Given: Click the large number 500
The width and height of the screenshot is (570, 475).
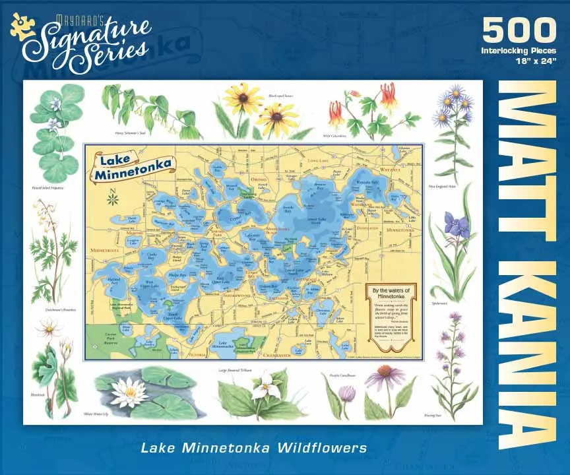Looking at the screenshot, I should pyautogui.click(x=519, y=30).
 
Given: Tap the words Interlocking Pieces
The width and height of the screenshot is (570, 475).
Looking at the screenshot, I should pyautogui.click(x=519, y=50).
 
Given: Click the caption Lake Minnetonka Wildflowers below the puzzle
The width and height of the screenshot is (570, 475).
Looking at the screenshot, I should pyautogui.click(x=253, y=448).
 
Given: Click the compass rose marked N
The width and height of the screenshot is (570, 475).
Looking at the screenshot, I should pyautogui.click(x=113, y=196).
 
